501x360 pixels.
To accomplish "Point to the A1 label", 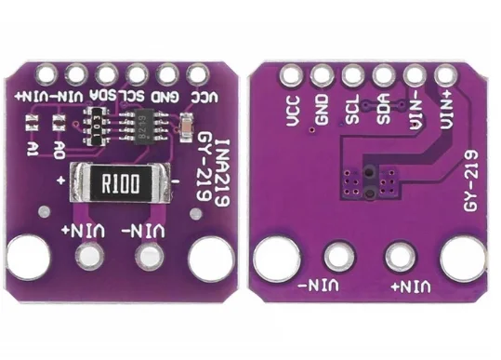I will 33,149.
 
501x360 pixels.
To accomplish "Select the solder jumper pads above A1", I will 33,123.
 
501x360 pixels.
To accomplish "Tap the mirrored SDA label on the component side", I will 107,95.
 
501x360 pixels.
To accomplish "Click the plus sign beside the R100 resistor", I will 60,179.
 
